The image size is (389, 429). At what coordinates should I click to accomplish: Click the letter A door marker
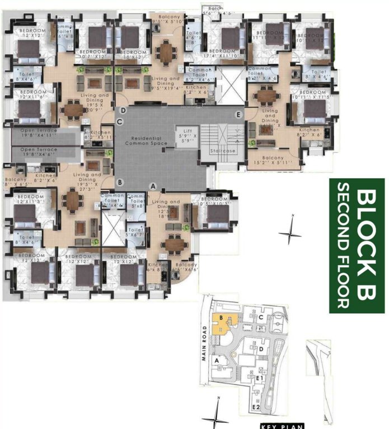pyautogui.click(x=152, y=187)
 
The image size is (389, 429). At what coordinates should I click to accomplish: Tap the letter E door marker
pyautogui.click(x=239, y=116)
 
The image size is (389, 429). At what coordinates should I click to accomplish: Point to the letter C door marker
pyautogui.click(x=119, y=122)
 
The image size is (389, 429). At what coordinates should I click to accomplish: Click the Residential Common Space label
pyautogui.click(x=143, y=141)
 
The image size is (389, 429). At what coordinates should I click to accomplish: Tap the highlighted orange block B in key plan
pyautogui.click(x=224, y=323)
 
